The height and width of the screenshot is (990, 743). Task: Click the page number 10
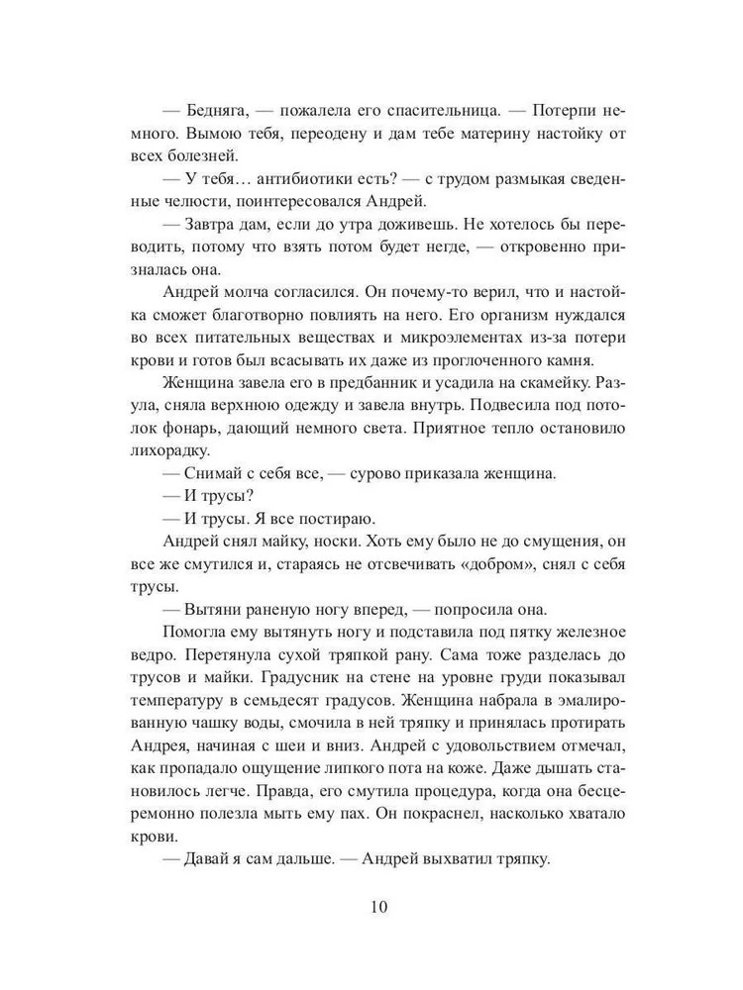[x=371, y=907]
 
